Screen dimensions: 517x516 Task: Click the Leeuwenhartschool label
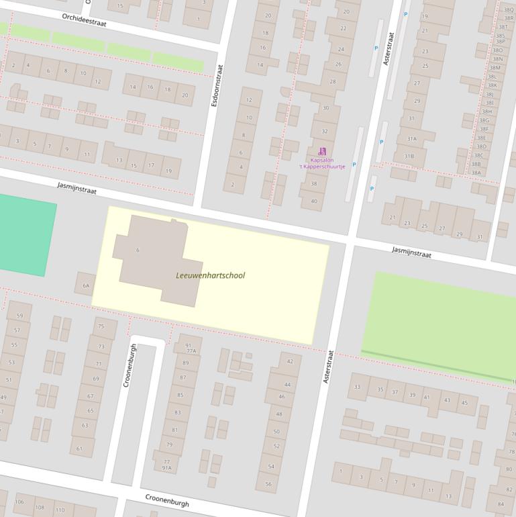(x=210, y=275)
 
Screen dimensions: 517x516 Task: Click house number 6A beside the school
(x=86, y=285)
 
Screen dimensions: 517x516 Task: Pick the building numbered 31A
(x=411, y=139)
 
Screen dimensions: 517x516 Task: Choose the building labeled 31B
(x=409, y=156)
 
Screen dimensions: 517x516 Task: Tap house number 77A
(x=191, y=351)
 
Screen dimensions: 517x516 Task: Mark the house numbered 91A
(x=166, y=468)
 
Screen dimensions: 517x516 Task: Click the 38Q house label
(x=509, y=10)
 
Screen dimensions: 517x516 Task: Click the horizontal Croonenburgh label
(x=167, y=500)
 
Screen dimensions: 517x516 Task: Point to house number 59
(x=19, y=316)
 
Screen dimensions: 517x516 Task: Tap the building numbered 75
(x=101, y=326)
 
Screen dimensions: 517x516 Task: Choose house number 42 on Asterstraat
(x=290, y=361)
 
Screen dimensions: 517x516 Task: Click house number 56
(x=268, y=483)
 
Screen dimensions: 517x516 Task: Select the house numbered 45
(x=464, y=403)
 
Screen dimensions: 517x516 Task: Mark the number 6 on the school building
(x=138, y=250)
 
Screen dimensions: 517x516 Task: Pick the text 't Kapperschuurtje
(x=321, y=167)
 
